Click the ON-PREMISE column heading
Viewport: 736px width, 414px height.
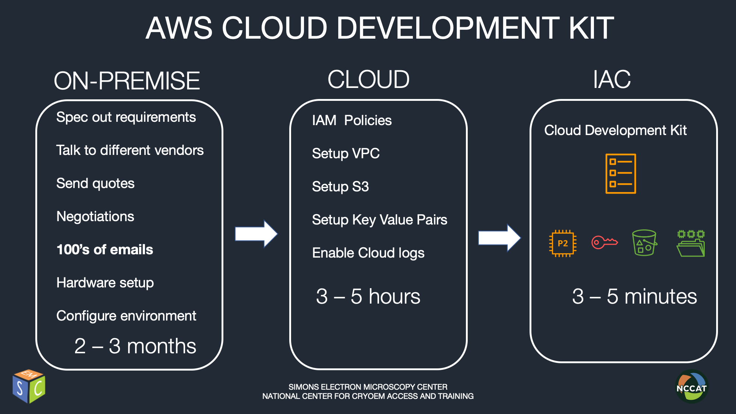point(127,81)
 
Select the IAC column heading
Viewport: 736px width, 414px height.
point(612,79)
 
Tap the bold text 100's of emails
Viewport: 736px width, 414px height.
point(105,250)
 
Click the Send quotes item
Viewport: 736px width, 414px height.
point(95,184)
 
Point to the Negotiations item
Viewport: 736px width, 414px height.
point(95,217)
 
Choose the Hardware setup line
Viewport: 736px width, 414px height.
point(105,283)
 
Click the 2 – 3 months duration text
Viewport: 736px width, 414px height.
point(135,346)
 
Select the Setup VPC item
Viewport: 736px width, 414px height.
point(346,153)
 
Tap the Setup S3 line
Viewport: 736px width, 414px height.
point(340,187)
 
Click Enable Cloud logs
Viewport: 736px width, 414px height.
point(368,253)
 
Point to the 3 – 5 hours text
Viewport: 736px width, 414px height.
point(368,296)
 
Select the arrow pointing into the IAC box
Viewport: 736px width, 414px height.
point(499,238)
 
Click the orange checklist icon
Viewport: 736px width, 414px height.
point(621,174)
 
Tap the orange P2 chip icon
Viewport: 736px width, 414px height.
point(563,243)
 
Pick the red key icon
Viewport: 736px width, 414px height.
point(605,242)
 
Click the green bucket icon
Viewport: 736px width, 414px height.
point(644,243)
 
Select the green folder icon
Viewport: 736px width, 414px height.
point(691,243)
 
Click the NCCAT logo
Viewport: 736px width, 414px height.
point(691,387)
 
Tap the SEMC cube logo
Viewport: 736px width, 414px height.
point(29,386)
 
